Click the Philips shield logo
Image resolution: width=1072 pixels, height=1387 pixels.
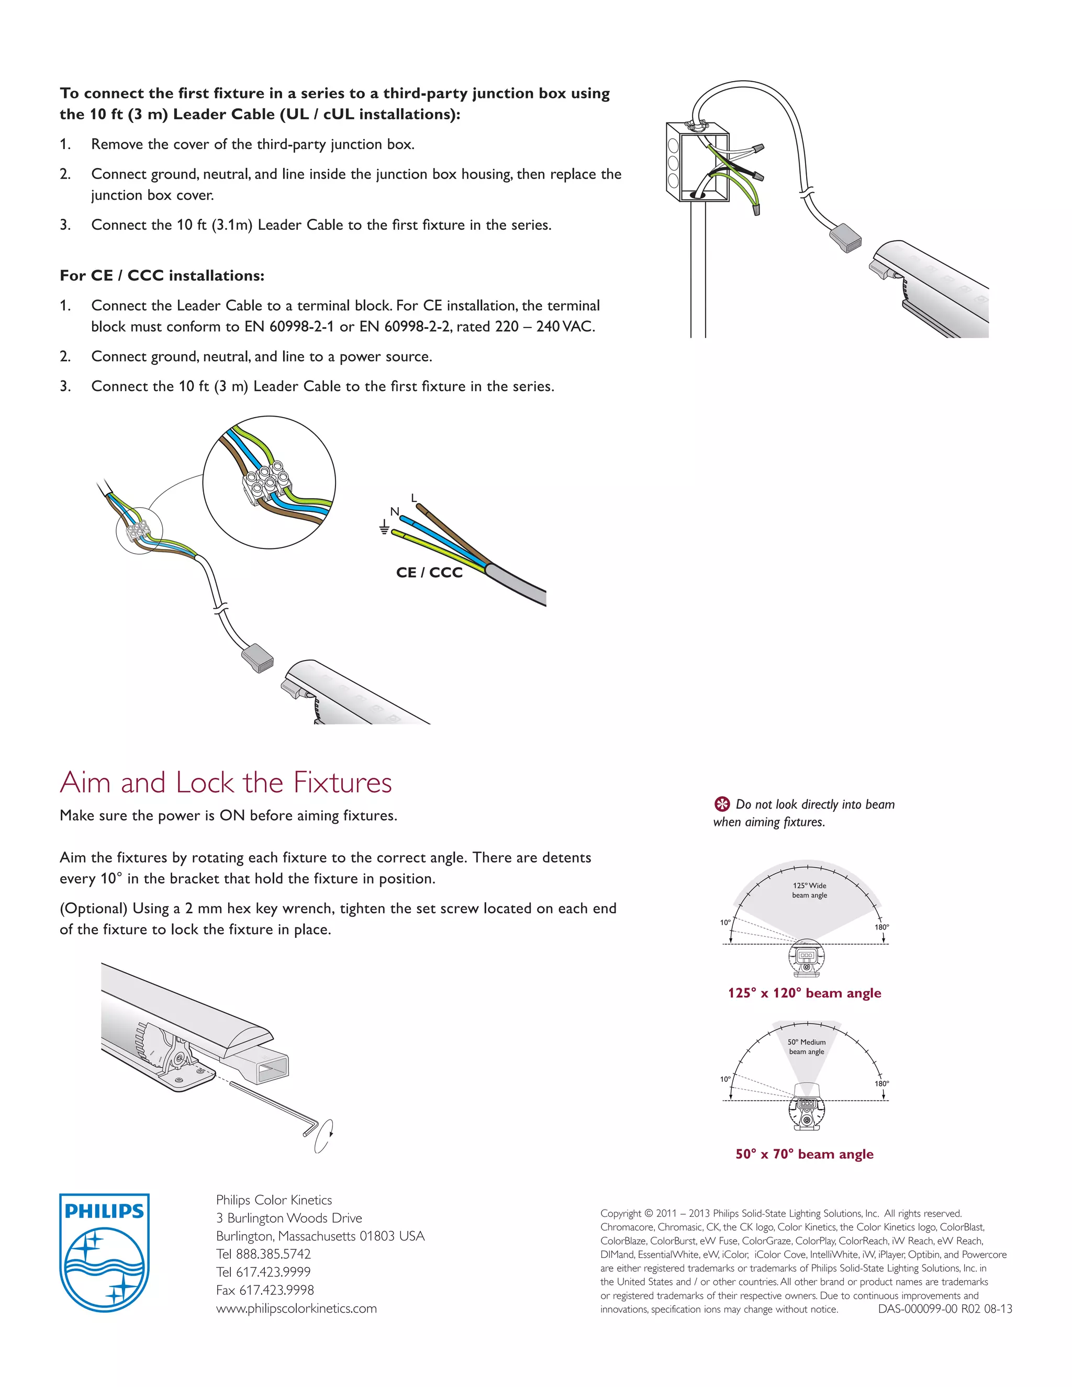(x=104, y=1252)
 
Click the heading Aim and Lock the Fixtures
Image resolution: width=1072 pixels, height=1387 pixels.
(x=226, y=782)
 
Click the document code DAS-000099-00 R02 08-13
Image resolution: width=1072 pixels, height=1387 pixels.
(x=945, y=1309)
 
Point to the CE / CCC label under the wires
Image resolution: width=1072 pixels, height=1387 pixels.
(x=429, y=572)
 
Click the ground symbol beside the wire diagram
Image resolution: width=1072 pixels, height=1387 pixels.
(x=384, y=527)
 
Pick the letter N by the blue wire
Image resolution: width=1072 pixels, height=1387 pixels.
(x=394, y=512)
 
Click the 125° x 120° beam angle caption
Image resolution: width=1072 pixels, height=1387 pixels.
(x=804, y=992)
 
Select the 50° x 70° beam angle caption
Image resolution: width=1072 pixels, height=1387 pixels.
(x=804, y=1154)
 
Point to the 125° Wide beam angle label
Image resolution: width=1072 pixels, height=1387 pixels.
(x=809, y=890)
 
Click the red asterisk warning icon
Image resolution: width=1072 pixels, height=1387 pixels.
(x=722, y=804)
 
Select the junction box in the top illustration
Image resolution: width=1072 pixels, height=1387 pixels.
(x=697, y=162)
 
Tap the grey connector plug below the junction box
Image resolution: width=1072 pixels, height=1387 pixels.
(x=846, y=238)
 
